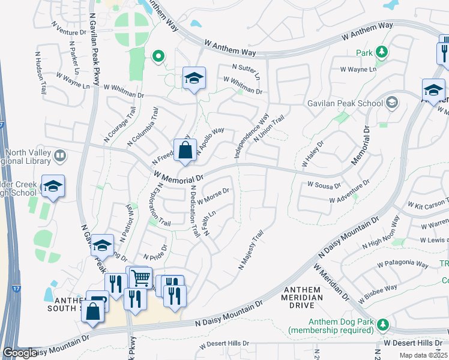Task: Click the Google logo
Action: pyautogui.click(x=19, y=353)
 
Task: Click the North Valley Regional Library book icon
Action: pyautogui.click(x=59, y=157)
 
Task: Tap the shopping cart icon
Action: pyautogui.click(x=140, y=277)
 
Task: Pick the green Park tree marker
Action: pyautogui.click(x=381, y=52)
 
